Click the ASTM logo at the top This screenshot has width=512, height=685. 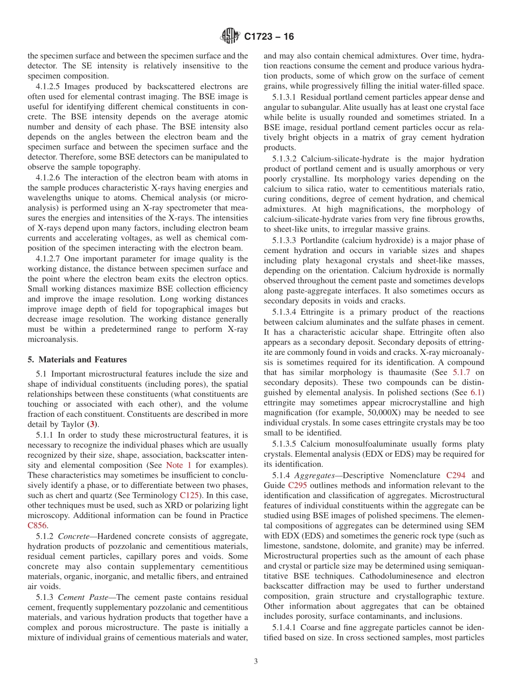pos(231,37)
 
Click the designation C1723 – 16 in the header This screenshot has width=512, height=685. pos(269,37)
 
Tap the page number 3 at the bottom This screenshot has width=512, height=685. pos(255,661)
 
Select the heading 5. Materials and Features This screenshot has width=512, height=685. pos(70,360)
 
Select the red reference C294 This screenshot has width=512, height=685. pos(456,476)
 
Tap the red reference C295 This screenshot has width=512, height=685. pos(297,485)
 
